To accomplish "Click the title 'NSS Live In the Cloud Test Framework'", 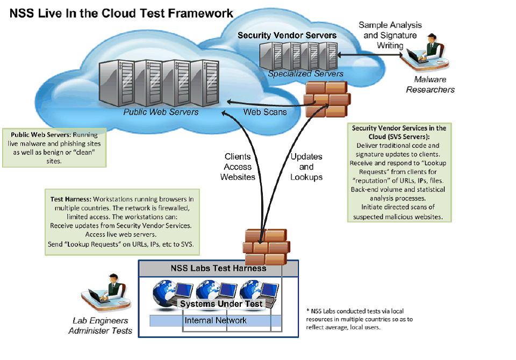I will pos(121,13).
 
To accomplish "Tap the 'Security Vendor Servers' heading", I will pos(287,35).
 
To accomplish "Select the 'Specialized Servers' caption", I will pos(305,74).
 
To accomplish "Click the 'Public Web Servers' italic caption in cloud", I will pos(161,112).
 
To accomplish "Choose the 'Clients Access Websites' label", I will pos(237,167).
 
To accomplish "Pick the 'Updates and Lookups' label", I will pos(306,167).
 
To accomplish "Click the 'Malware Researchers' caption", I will pos(430,84).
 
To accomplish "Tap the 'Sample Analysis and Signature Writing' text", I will pos(390,35).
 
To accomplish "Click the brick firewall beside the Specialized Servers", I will pos(326,99).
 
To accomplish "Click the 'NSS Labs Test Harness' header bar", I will pos(218,268).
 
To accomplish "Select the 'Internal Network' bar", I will pos(216,320).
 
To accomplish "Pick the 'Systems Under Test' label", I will pos(221,304).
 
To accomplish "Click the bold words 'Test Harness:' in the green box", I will pos(67,199).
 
